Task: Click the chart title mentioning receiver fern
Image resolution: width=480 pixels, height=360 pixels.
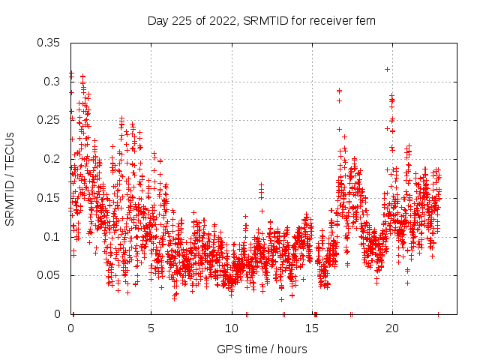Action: tap(262, 20)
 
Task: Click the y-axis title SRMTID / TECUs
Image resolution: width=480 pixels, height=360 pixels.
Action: tap(10, 178)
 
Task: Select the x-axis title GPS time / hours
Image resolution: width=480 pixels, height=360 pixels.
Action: tap(262, 349)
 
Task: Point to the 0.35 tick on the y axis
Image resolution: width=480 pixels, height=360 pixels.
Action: tap(49, 43)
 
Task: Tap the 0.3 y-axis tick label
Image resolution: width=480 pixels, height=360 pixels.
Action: tap(52, 82)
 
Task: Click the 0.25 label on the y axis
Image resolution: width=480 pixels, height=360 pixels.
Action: tap(49, 120)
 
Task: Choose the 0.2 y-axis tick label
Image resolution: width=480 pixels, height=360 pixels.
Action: tap(52, 159)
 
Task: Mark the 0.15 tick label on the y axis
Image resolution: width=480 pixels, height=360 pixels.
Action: tap(49, 198)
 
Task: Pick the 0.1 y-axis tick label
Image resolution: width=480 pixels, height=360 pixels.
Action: tap(52, 237)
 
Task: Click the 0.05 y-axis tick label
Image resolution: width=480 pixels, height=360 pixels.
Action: tap(49, 275)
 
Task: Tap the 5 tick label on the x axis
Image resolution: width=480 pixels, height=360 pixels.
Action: tap(151, 329)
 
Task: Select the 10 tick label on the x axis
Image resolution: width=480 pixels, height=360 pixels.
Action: tap(232, 329)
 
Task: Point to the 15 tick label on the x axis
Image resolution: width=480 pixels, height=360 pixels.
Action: tap(312, 329)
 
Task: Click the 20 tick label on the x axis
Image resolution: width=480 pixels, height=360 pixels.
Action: tap(392, 329)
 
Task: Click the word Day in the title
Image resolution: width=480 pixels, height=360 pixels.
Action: tap(158, 20)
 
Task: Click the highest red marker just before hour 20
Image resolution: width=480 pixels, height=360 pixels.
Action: tap(387, 69)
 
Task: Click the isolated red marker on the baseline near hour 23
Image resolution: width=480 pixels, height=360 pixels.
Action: tap(438, 314)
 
